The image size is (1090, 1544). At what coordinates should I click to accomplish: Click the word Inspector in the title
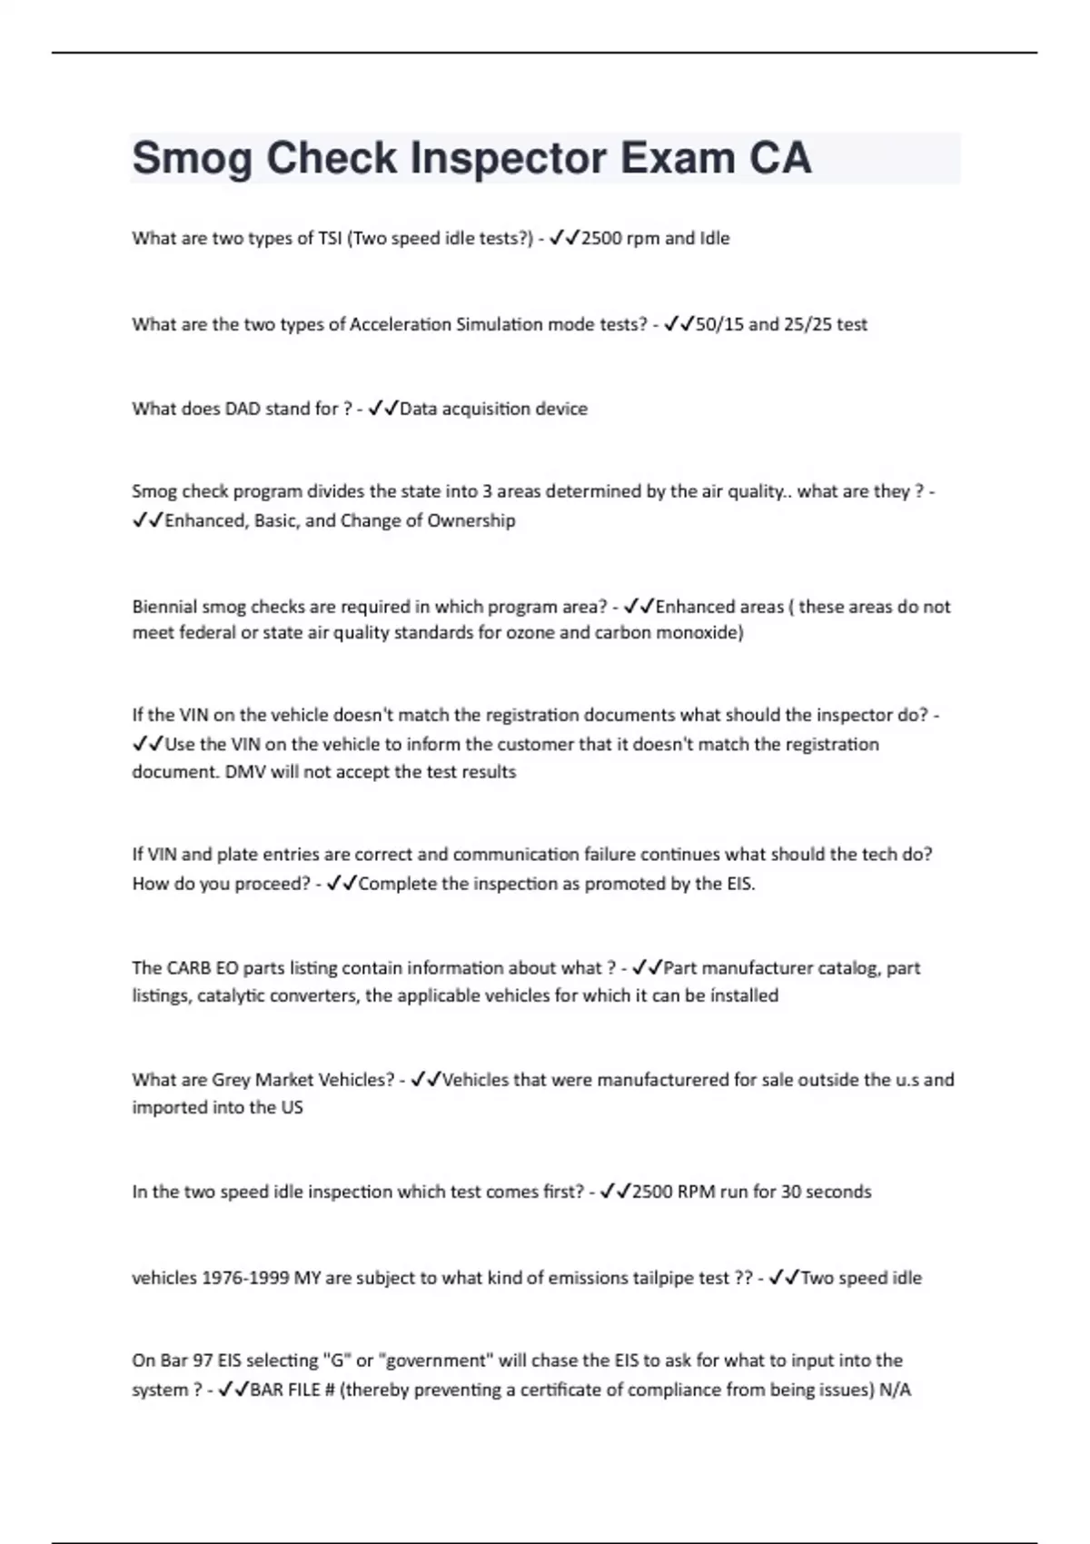(509, 159)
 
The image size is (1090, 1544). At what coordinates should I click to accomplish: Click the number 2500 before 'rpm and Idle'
(603, 239)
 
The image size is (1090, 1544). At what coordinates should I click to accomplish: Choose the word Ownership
(471, 520)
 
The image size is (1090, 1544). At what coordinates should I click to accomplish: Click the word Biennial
(163, 607)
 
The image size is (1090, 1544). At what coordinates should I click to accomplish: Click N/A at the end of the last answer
(895, 1390)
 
